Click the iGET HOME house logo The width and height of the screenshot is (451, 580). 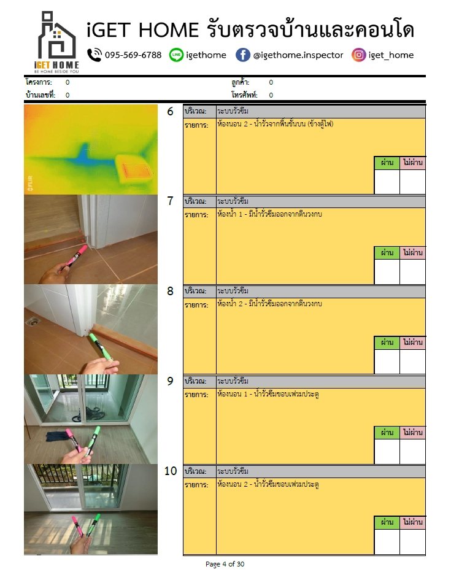(x=57, y=42)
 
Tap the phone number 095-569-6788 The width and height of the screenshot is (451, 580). (x=133, y=55)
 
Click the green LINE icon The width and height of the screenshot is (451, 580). (x=176, y=55)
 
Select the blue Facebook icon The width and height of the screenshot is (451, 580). (x=243, y=55)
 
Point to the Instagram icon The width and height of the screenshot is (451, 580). (x=358, y=55)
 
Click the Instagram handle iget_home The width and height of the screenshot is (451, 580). (x=391, y=55)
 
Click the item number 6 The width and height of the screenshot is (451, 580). (x=170, y=111)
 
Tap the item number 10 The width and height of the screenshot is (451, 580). (x=171, y=471)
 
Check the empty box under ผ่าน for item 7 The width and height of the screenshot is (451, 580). (x=387, y=271)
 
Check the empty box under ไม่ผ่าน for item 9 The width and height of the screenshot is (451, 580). (x=412, y=451)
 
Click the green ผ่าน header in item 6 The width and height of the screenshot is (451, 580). (x=387, y=163)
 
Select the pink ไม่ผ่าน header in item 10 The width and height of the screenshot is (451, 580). (x=412, y=522)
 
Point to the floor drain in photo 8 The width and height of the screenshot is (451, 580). (x=34, y=322)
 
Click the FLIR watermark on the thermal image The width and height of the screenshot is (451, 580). (x=30, y=184)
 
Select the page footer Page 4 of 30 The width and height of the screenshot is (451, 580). (x=225, y=564)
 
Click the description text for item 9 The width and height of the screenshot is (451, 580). (x=268, y=394)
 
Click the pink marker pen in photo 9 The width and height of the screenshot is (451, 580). (x=74, y=441)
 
